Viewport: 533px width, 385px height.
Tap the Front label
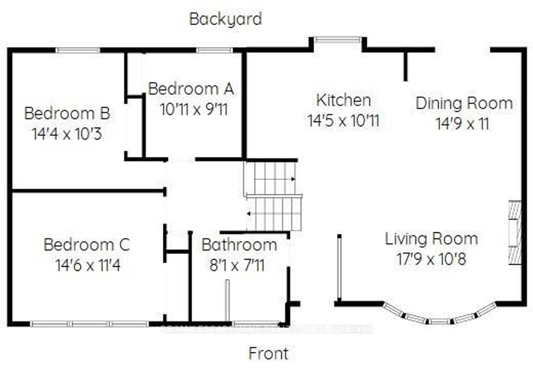tap(268, 354)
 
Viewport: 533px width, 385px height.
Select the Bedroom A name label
tap(191, 89)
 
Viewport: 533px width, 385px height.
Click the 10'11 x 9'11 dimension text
tap(194, 109)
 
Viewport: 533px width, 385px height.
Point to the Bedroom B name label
tap(67, 113)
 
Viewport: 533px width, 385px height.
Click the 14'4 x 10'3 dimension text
tap(67, 134)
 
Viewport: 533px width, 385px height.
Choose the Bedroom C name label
tap(87, 245)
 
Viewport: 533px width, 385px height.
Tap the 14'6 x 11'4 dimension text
tap(88, 265)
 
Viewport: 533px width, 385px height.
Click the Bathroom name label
tap(239, 245)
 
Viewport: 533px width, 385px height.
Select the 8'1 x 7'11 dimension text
tap(237, 265)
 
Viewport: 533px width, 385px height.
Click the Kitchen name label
tap(344, 100)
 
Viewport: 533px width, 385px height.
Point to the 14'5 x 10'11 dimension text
tap(343, 121)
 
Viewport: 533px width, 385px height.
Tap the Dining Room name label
tap(464, 104)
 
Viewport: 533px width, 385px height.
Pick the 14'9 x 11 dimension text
tap(462, 124)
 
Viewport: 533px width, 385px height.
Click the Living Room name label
tap(431, 239)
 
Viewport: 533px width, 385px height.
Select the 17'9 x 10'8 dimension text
tap(431, 259)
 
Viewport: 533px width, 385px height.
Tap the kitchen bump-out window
tap(338, 40)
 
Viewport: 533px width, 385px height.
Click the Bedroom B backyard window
tap(78, 50)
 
